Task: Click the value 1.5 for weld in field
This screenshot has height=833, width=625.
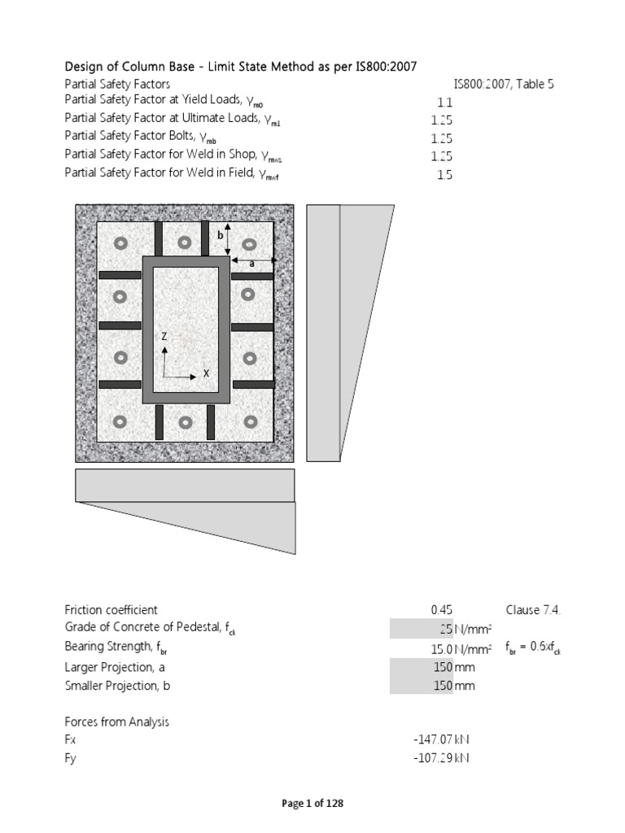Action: pyautogui.click(x=444, y=175)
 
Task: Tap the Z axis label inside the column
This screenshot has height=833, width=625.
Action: pyautogui.click(x=164, y=336)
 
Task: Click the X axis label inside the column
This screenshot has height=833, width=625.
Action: pyautogui.click(x=206, y=373)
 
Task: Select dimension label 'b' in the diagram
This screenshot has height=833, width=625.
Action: pyautogui.click(x=219, y=235)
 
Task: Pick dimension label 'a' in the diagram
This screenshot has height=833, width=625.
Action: pyautogui.click(x=251, y=264)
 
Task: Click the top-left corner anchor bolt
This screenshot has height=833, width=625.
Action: pyautogui.click(x=120, y=242)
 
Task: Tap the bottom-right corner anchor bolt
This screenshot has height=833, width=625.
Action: pyautogui.click(x=250, y=421)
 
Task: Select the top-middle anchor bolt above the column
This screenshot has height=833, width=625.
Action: pyautogui.click(x=185, y=242)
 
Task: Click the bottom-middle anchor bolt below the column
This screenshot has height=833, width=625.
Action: pyautogui.click(x=185, y=422)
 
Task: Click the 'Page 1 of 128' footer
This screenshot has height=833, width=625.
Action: pyautogui.click(x=312, y=804)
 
